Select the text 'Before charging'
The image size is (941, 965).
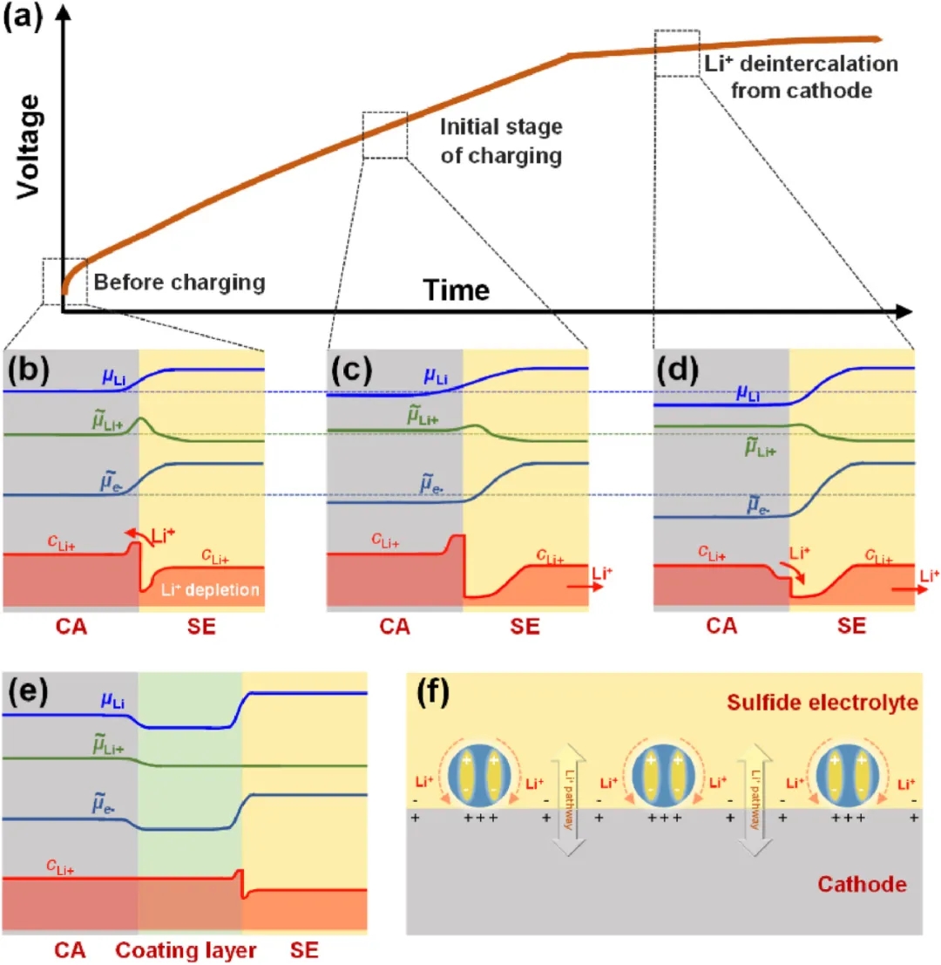179,282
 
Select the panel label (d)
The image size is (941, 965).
678,371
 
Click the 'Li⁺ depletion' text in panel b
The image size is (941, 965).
212,590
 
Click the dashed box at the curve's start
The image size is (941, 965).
64,281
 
